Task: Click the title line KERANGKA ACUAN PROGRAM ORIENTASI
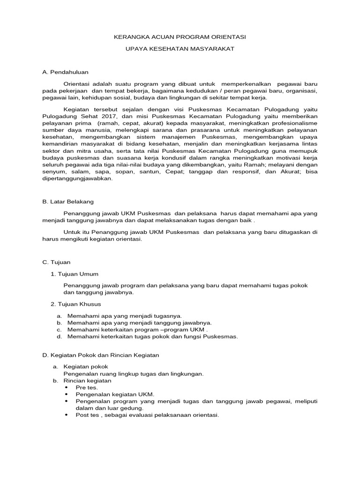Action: click(180, 37)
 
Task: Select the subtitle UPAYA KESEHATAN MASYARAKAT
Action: click(180, 49)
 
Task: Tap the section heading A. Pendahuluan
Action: click(65, 72)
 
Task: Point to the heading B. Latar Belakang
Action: click(68, 202)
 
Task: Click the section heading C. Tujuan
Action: click(56, 262)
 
